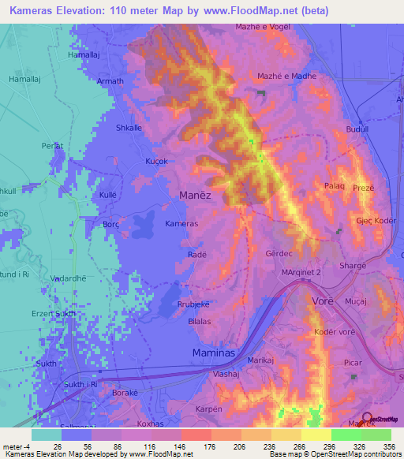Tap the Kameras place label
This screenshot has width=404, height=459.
(x=181, y=224)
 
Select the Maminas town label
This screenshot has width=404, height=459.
(x=215, y=354)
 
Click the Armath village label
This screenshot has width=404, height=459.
(x=110, y=81)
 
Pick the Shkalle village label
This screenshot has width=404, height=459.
(x=129, y=128)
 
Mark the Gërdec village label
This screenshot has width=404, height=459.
(x=279, y=255)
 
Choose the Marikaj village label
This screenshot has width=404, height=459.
(x=260, y=360)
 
